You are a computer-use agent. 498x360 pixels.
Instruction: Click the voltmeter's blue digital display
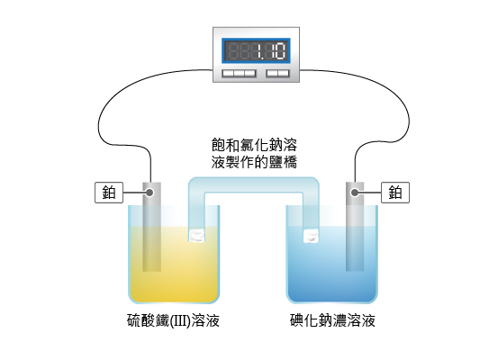(x=256, y=51)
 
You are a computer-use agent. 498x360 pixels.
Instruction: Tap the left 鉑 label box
(x=109, y=193)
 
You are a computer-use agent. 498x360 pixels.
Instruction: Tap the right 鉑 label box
(x=395, y=193)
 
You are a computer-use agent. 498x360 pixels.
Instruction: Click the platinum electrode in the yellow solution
(x=152, y=227)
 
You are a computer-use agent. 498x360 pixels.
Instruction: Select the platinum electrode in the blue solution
(x=355, y=227)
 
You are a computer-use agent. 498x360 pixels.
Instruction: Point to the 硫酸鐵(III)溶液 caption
(x=174, y=320)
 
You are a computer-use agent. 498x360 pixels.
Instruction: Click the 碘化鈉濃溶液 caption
(x=332, y=320)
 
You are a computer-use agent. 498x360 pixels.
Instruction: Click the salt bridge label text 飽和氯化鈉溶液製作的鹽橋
(x=254, y=154)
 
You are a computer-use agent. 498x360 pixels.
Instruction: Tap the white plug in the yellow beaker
(x=197, y=235)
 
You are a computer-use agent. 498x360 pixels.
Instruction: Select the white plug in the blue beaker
(x=311, y=236)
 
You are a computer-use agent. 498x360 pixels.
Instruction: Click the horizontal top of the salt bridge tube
(x=254, y=184)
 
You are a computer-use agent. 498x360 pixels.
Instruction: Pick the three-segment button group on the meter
(x=239, y=74)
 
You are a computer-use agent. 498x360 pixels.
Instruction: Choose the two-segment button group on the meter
(x=278, y=74)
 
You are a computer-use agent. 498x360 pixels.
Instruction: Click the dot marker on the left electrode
(x=149, y=193)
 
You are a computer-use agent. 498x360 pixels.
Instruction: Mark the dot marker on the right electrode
(x=355, y=193)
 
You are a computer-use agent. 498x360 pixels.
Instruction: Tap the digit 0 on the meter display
(x=280, y=50)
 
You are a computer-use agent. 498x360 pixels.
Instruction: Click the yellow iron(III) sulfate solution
(x=174, y=265)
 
